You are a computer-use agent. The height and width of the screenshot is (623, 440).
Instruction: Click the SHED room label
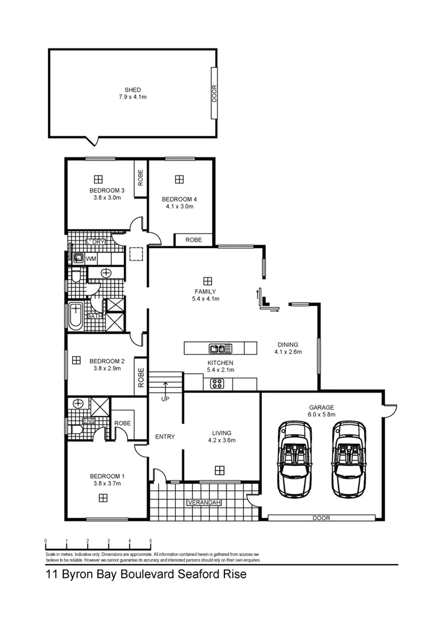(133, 90)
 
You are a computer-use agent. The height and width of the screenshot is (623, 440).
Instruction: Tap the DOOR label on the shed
(214, 93)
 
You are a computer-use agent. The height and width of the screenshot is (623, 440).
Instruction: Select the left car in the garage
(295, 458)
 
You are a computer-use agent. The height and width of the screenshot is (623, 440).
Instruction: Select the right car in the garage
(348, 458)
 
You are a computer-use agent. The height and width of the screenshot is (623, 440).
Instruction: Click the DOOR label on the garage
(321, 518)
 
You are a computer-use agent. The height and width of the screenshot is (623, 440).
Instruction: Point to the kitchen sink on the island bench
(220, 348)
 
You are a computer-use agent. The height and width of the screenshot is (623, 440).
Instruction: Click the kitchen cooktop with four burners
(217, 383)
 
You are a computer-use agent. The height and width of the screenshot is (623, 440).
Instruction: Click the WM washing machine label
(91, 259)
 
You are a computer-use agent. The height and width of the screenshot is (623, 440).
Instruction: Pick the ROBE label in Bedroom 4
(194, 239)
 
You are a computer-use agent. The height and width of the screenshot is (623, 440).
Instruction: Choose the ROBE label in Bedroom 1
(122, 423)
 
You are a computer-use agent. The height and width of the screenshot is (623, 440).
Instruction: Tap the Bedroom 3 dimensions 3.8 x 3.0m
(107, 198)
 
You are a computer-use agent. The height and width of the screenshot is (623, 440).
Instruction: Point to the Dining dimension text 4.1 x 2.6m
(288, 351)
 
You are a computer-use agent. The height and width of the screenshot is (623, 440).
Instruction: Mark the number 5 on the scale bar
(151, 541)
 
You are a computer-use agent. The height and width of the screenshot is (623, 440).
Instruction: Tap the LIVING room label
(221, 433)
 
